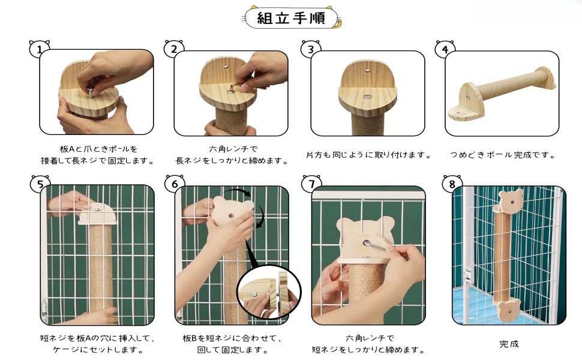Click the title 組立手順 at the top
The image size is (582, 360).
(x=290, y=18)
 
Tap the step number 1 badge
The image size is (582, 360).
(x=40, y=50)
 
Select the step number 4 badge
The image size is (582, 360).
(x=445, y=50)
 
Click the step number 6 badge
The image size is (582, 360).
(x=175, y=184)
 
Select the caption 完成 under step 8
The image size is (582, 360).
(x=509, y=344)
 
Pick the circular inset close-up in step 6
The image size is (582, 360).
(x=268, y=292)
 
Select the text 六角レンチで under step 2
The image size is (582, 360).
(x=232, y=149)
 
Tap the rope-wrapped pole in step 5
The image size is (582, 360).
(x=100, y=270)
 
